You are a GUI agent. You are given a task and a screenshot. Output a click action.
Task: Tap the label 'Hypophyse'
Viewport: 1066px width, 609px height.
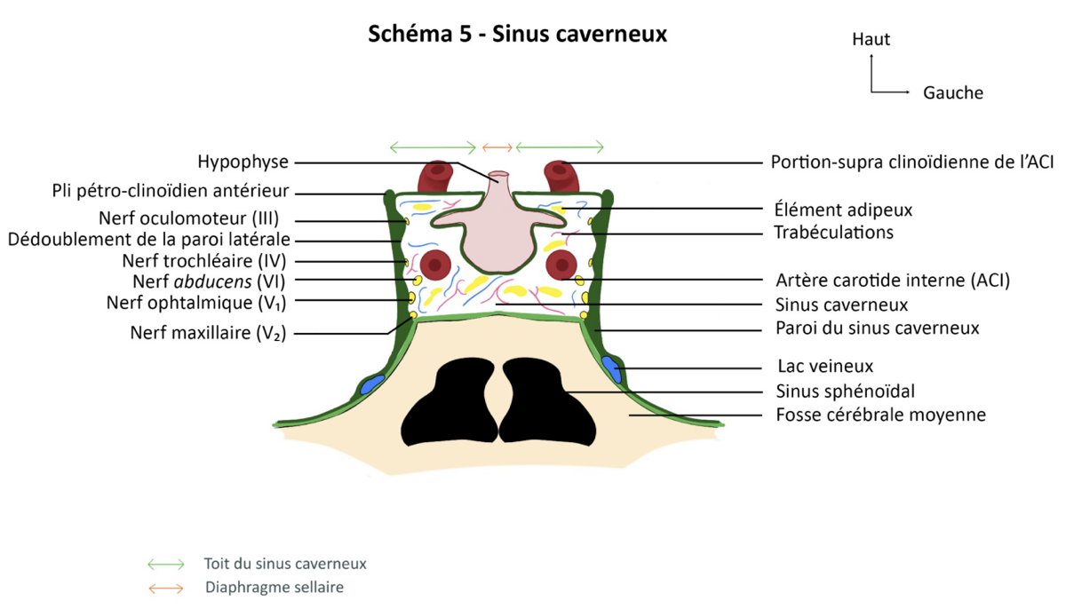click(243, 162)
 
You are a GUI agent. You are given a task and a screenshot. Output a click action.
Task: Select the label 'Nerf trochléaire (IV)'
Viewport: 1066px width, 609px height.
click(204, 261)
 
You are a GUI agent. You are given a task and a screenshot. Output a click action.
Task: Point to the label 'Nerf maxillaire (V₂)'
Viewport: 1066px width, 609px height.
click(208, 333)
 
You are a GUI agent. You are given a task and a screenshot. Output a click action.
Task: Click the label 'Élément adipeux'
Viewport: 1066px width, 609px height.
click(843, 210)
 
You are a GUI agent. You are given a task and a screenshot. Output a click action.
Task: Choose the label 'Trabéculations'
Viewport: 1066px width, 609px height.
click(834, 233)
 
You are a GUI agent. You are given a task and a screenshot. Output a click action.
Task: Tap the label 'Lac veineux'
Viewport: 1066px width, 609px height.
click(825, 366)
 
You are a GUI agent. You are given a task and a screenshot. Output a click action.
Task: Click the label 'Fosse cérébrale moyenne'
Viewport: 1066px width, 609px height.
click(881, 415)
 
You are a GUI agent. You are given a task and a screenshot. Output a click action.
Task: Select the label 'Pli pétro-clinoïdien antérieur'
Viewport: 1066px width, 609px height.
click(171, 191)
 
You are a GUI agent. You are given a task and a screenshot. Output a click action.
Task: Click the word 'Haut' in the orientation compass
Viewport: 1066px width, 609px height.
click(871, 39)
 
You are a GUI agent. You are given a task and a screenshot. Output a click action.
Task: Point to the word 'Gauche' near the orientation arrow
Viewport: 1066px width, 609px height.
click(953, 92)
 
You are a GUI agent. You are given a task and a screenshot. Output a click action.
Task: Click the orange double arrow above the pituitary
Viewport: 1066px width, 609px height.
click(497, 147)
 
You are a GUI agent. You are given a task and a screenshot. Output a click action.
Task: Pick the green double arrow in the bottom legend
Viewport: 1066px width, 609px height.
click(165, 565)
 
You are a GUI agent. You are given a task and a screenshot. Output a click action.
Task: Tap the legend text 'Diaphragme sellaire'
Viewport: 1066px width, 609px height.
click(274, 587)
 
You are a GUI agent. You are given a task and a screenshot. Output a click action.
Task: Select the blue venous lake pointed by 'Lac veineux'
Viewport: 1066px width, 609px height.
click(611, 369)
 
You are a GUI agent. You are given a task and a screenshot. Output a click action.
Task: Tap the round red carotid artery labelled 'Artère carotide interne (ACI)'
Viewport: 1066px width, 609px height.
click(561, 265)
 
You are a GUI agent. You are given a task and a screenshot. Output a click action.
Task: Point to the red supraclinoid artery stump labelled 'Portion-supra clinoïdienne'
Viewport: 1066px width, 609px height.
click(561, 176)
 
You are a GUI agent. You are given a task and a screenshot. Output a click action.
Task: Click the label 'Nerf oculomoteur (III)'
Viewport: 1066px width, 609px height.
click(188, 218)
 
